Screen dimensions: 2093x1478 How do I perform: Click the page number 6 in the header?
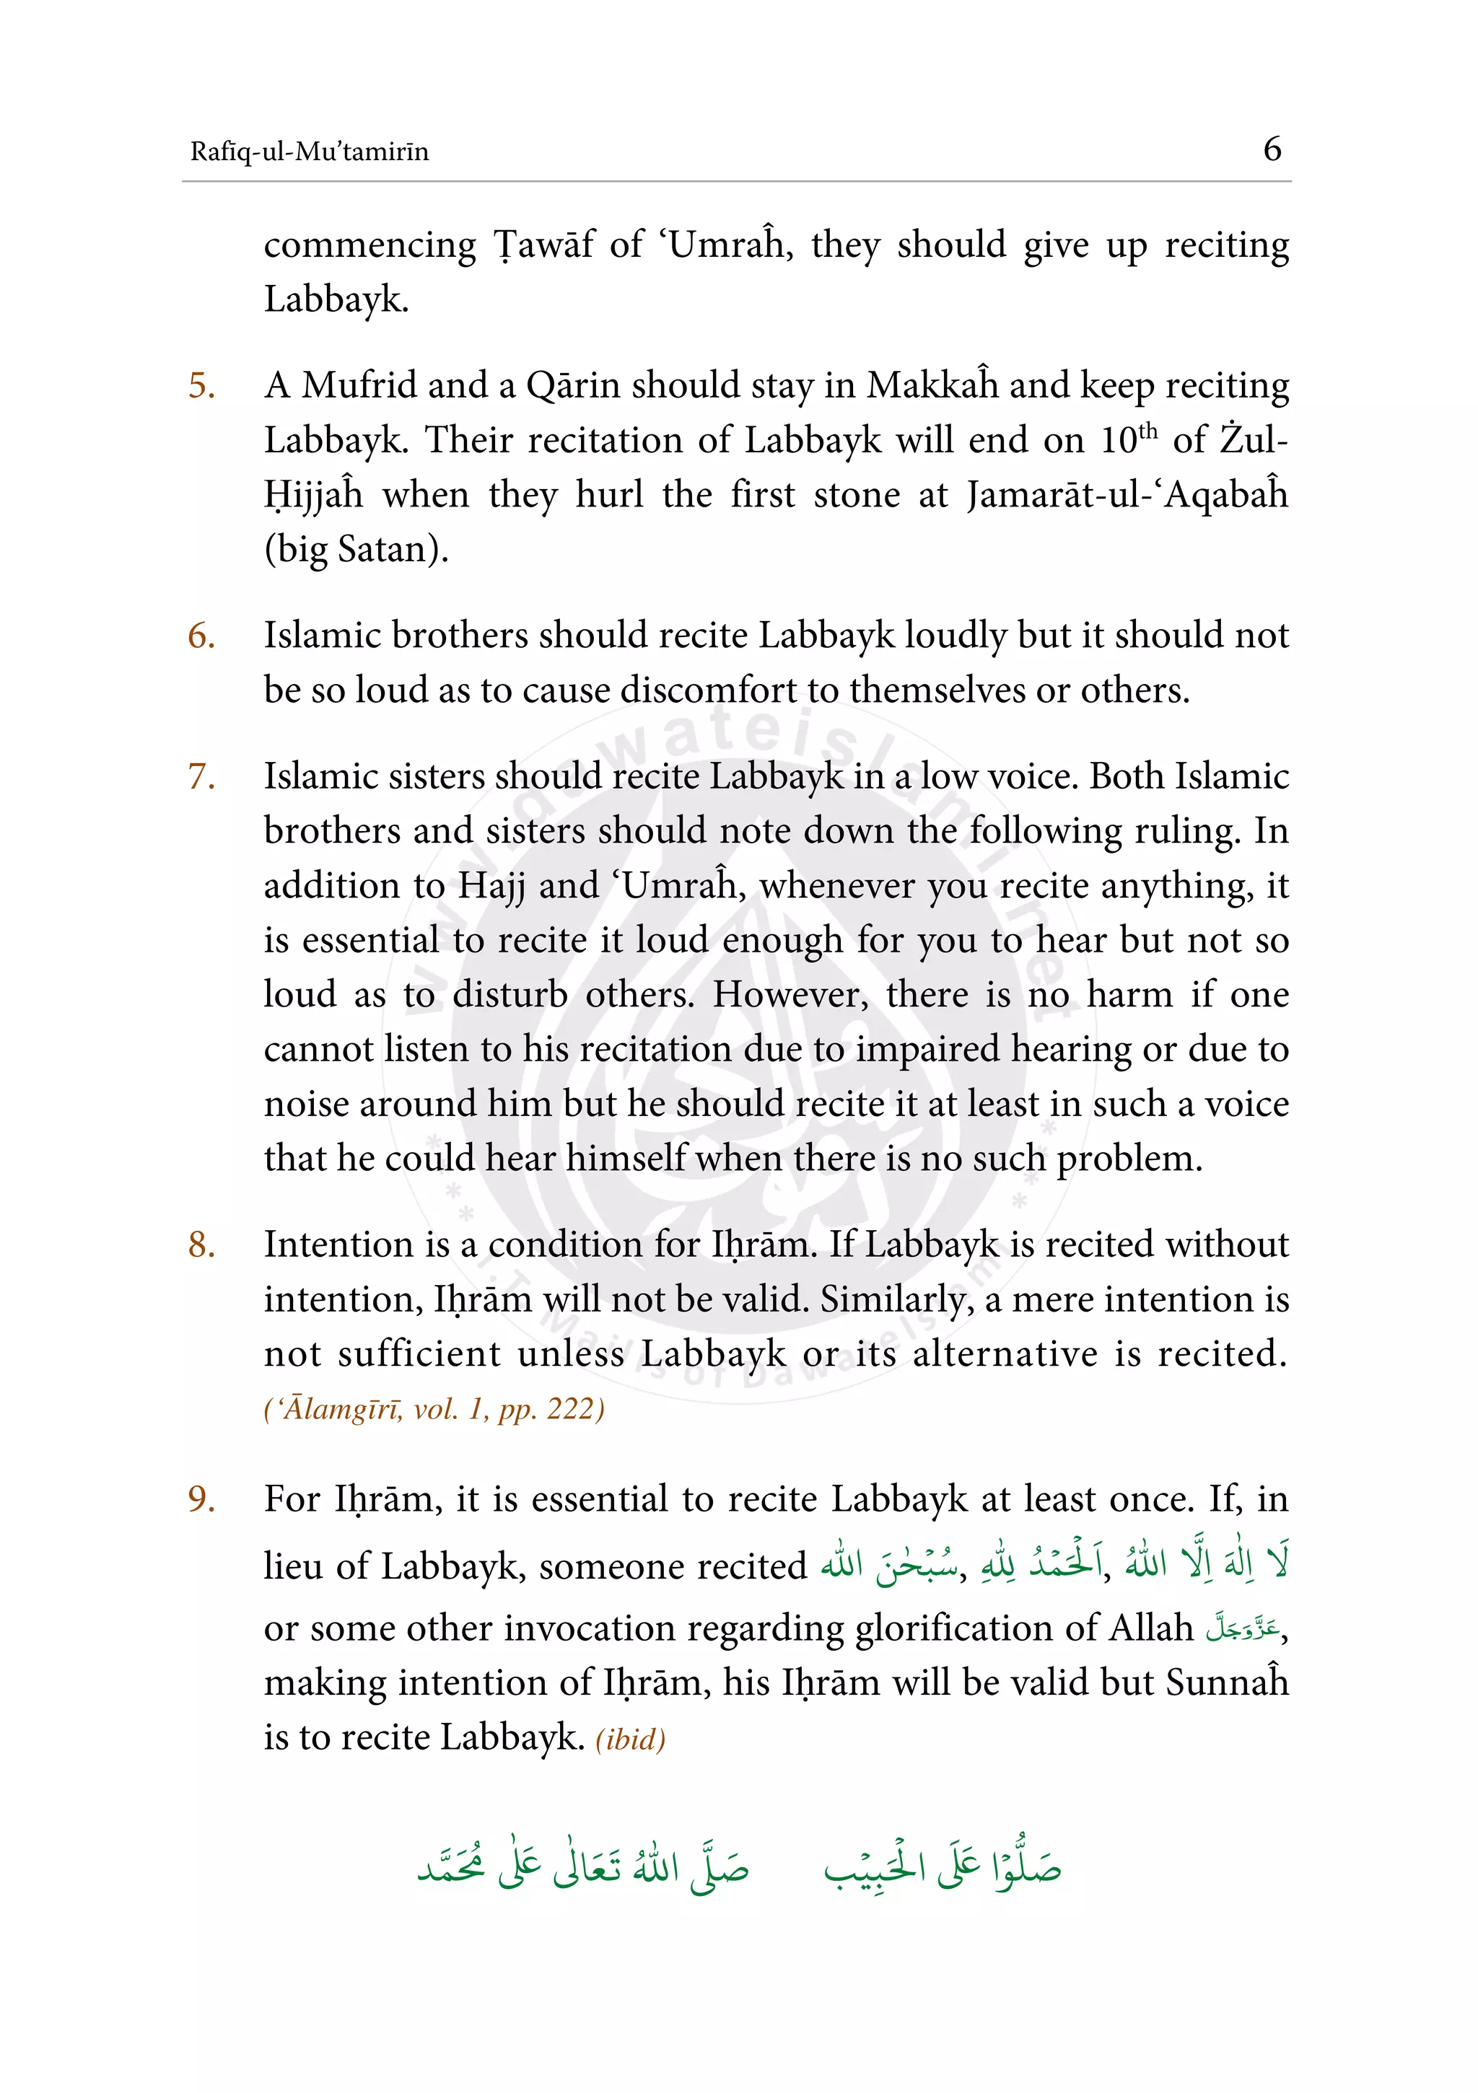pyautogui.click(x=1272, y=149)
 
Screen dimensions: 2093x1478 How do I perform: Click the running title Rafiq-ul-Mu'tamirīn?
pyautogui.click(x=309, y=152)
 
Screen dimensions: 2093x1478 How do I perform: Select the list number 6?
pyautogui.click(x=201, y=636)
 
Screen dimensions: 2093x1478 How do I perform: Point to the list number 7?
pyautogui.click(x=201, y=777)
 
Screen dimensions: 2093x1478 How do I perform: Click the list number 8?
pyautogui.click(x=201, y=1245)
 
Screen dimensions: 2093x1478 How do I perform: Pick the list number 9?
pyautogui.click(x=201, y=1499)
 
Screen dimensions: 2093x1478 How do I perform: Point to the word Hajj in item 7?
pyautogui.click(x=491, y=885)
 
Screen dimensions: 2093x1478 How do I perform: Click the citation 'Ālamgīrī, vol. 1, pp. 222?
pyautogui.click(x=434, y=1409)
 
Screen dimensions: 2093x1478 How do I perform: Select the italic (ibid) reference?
pyautogui.click(x=630, y=1739)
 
